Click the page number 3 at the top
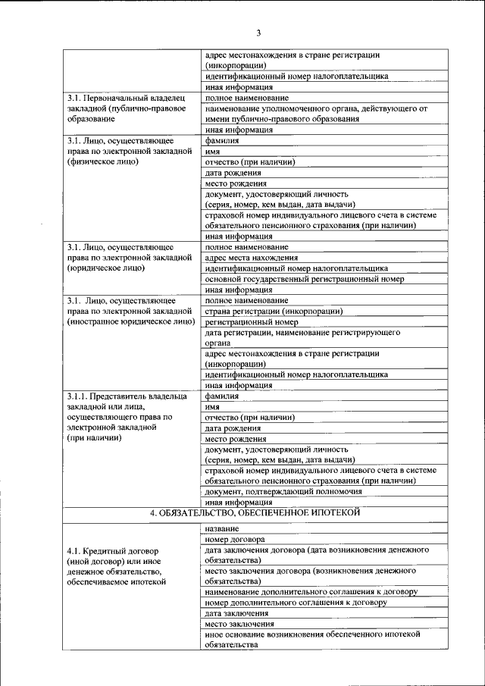tap(258, 33)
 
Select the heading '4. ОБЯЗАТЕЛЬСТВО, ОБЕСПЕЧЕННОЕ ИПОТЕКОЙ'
tap(254, 513)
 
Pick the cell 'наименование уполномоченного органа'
tap(316, 114)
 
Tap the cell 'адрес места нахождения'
tap(251, 258)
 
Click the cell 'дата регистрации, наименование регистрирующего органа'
tap(302, 337)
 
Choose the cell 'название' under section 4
tap(220, 527)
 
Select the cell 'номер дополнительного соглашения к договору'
tap(296, 602)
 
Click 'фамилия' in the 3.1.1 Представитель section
tap(222, 396)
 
